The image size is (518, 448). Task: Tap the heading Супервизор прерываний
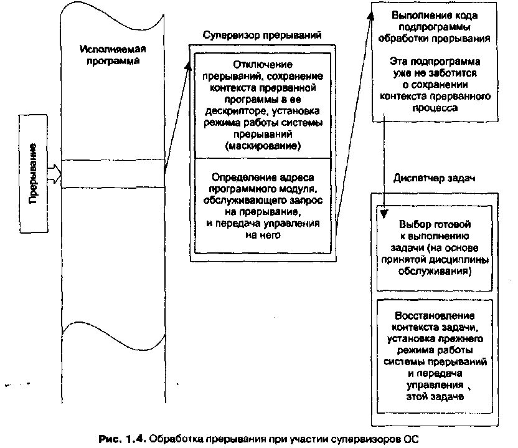261,36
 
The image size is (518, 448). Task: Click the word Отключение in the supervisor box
263,65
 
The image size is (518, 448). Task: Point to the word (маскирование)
262,146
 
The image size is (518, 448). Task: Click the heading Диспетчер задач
434,178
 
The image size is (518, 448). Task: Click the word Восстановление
436,316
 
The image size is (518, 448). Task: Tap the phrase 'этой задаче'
436,396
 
